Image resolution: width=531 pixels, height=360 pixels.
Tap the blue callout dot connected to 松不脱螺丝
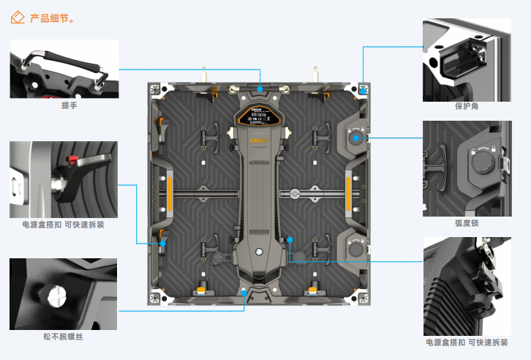click(x=244, y=292)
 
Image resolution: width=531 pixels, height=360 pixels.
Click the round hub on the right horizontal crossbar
click(x=294, y=195)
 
